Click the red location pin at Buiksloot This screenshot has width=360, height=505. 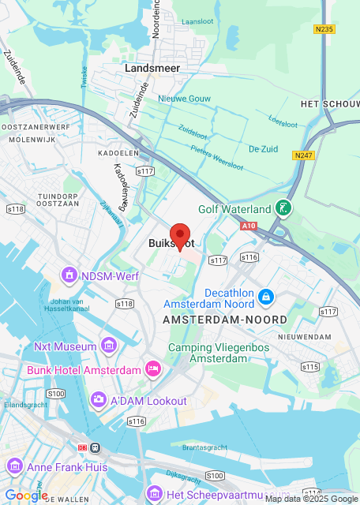click(181, 235)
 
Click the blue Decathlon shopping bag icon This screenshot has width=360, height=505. click(267, 297)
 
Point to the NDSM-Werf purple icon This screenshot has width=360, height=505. click(69, 275)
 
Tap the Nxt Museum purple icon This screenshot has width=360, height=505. click(109, 346)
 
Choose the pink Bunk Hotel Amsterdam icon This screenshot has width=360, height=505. click(153, 368)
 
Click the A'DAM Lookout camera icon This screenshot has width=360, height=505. click(98, 400)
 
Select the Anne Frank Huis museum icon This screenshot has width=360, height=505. click(15, 466)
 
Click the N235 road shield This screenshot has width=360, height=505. click(324, 30)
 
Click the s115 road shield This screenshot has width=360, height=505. click(309, 366)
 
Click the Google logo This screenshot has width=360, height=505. click(26, 495)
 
